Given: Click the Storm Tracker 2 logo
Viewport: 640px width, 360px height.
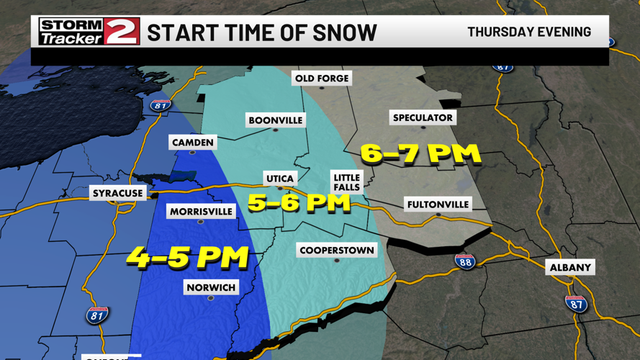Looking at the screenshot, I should pyautogui.click(x=89, y=32).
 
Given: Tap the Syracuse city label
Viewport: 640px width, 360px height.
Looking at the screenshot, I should pyautogui.click(x=118, y=194).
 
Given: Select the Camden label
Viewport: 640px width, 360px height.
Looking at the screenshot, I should pyautogui.click(x=193, y=143).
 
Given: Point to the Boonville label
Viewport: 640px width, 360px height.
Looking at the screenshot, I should pyautogui.click(x=275, y=120).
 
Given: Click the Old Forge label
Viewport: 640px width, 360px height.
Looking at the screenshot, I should pyautogui.click(x=322, y=78).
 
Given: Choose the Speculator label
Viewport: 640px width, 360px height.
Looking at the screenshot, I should pyautogui.click(x=423, y=117).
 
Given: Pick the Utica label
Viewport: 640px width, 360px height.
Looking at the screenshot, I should pyautogui.click(x=280, y=179).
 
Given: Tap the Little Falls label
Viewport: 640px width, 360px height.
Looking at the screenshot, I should pyautogui.click(x=346, y=182).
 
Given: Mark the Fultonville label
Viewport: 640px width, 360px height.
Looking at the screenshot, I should pyautogui.click(x=438, y=204).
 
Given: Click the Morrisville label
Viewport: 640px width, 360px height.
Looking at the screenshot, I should pyautogui.click(x=201, y=212).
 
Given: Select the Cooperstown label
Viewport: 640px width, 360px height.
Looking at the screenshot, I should pyautogui.click(x=337, y=251).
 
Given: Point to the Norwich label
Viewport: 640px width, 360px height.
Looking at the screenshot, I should pyautogui.click(x=211, y=288).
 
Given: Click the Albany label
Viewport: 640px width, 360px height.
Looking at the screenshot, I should pyautogui.click(x=570, y=268).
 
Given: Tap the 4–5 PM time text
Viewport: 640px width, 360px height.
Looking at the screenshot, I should pyautogui.click(x=188, y=257).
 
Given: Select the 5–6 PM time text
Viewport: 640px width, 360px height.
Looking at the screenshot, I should pyautogui.click(x=299, y=203).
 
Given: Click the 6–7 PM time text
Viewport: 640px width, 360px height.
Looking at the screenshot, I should pyautogui.click(x=420, y=153).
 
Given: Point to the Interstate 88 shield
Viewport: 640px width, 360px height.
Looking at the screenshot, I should pyautogui.click(x=465, y=261).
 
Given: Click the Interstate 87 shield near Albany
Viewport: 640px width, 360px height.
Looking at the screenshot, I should pyautogui.click(x=576, y=304).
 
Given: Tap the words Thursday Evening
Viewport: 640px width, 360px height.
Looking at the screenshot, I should pyautogui.click(x=529, y=32).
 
